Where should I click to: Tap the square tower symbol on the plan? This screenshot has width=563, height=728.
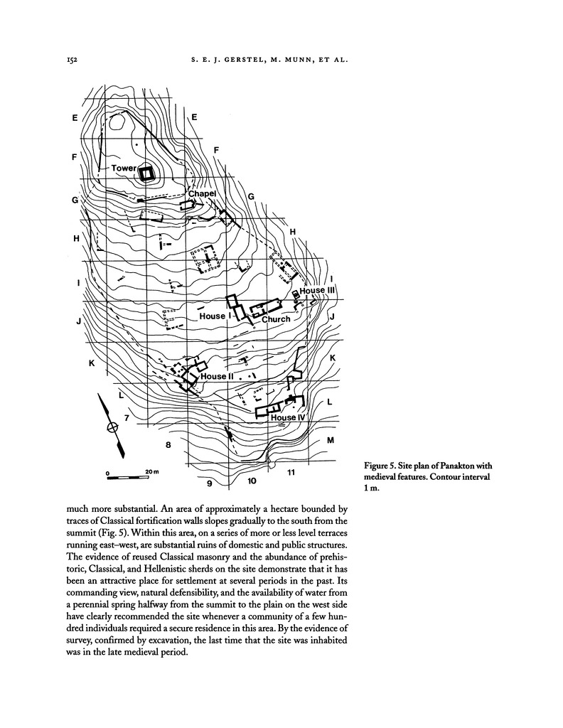pyautogui.click(x=147, y=173)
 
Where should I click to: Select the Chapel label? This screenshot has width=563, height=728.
pyautogui.click(x=201, y=193)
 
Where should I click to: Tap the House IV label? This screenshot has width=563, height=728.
pyautogui.click(x=287, y=418)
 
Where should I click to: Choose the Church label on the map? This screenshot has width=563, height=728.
pyautogui.click(x=276, y=319)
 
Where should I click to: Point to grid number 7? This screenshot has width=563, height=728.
pyautogui.click(x=126, y=419)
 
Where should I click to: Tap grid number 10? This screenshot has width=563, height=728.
pyautogui.click(x=251, y=481)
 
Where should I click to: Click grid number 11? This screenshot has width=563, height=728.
pyautogui.click(x=291, y=472)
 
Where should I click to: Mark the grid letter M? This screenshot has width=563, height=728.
pyautogui.click(x=331, y=441)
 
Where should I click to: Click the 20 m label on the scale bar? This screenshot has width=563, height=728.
pyautogui.click(x=151, y=471)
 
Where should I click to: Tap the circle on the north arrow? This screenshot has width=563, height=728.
pyautogui.click(x=112, y=427)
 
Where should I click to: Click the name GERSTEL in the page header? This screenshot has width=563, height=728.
pyautogui.click(x=245, y=61)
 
